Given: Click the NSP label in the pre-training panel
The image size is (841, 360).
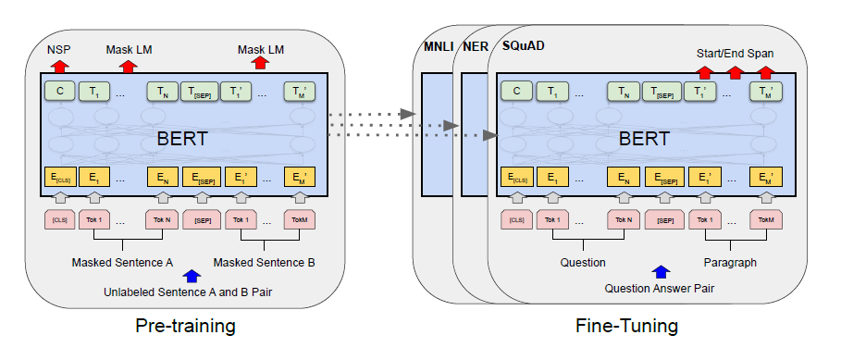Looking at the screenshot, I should pos(60,48).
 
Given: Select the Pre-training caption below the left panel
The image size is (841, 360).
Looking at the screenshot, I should pos(184,327).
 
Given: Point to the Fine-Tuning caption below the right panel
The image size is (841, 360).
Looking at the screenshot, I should pos(626,327).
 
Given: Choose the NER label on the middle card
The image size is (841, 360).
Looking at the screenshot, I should pos(475,47).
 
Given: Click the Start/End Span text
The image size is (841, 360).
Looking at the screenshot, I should pos(736,53).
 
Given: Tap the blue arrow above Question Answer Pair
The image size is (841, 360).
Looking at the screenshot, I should pos(660,272).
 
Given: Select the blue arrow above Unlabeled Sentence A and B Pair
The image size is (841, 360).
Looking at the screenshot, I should pos(192,275).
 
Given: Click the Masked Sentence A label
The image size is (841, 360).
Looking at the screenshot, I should pos(122,262).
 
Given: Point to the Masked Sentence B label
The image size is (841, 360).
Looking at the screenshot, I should pos(264,262).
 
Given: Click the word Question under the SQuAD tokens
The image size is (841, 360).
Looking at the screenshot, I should pos(583,262).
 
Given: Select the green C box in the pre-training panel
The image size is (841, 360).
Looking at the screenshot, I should pos(60,91).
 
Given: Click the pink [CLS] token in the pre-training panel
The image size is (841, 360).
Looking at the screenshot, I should pos(60,220).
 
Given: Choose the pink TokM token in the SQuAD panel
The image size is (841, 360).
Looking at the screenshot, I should pos(765,220).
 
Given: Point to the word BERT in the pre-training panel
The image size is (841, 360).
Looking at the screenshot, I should pos(182,141).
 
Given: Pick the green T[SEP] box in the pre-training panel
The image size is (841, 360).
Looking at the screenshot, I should pos(199,91).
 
